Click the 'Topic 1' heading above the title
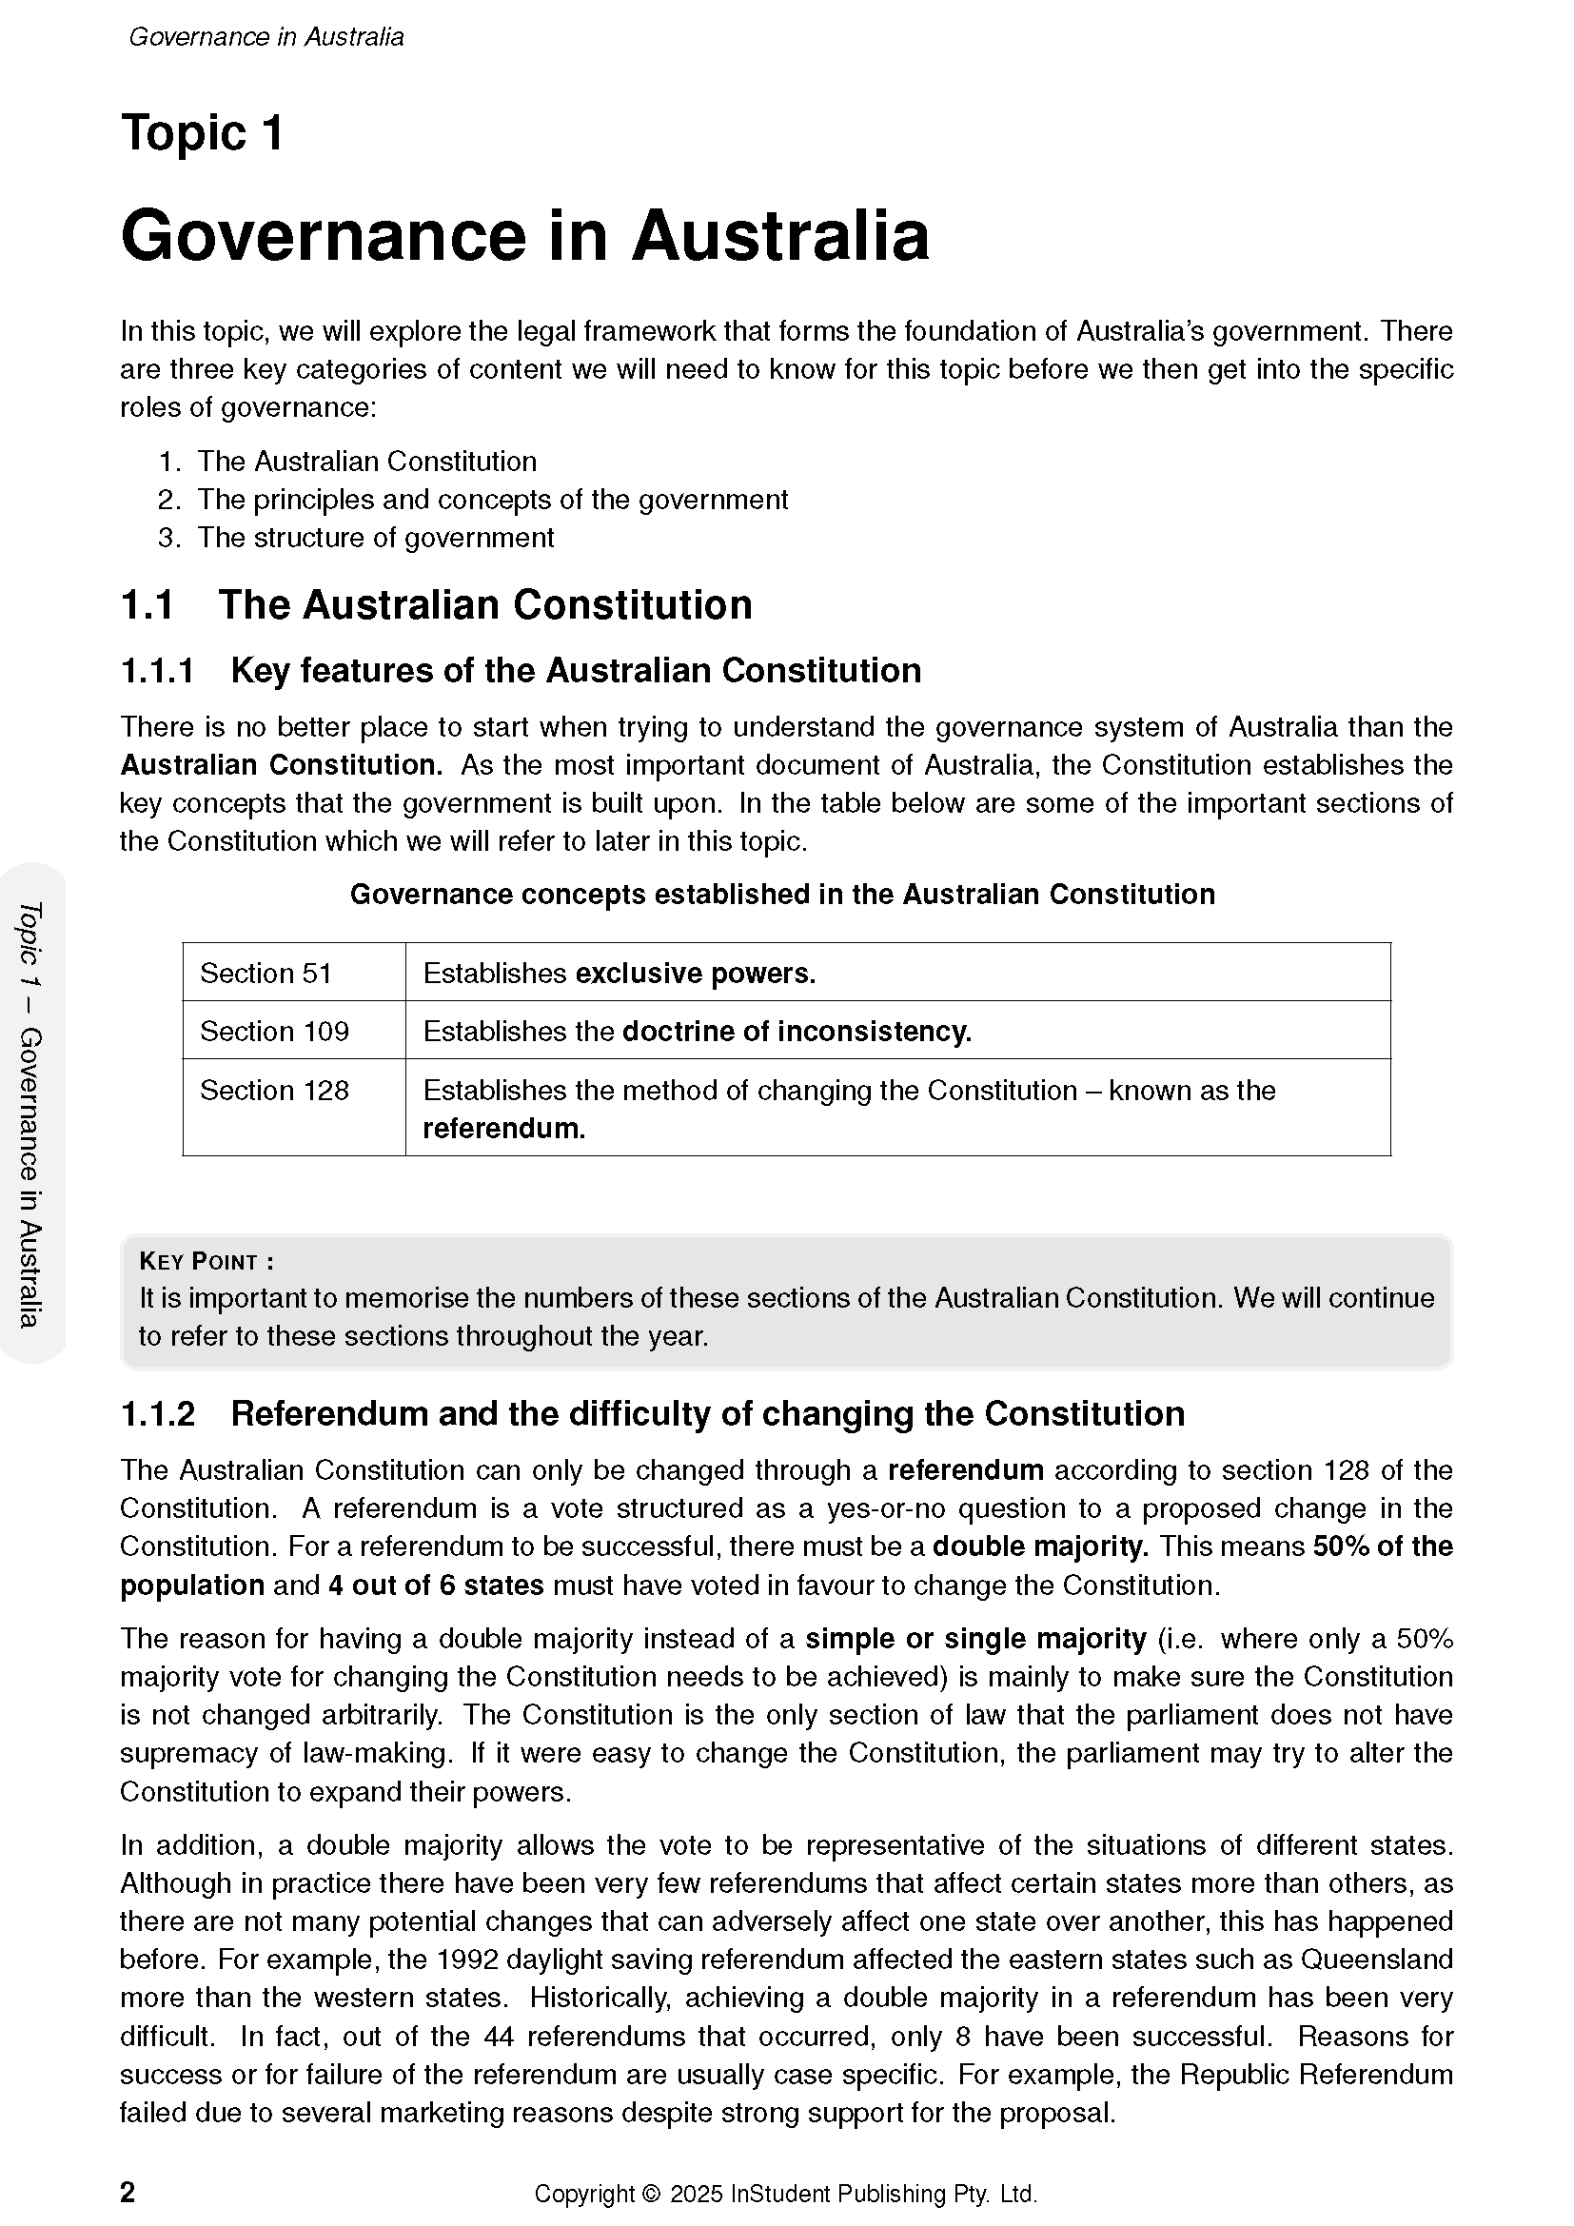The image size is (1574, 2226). (x=202, y=133)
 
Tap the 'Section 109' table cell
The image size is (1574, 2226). (x=273, y=1032)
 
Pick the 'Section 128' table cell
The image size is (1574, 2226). (x=273, y=1091)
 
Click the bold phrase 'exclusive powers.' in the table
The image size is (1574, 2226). (x=695, y=974)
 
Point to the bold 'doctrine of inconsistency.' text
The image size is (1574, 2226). (x=796, y=1032)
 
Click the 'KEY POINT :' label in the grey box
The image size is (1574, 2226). (x=207, y=1261)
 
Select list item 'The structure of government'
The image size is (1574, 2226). (x=375, y=538)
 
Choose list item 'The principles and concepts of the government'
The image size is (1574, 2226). (x=492, y=501)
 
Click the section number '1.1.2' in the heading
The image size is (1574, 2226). (x=158, y=1414)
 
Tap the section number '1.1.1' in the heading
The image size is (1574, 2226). (x=158, y=671)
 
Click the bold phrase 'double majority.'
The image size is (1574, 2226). (x=1039, y=1546)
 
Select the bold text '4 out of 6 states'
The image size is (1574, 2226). (x=436, y=1586)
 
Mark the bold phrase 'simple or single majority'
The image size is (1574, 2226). (x=975, y=1640)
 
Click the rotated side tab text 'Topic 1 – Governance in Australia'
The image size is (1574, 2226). (x=31, y=1114)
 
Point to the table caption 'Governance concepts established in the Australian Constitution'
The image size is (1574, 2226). (x=782, y=895)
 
